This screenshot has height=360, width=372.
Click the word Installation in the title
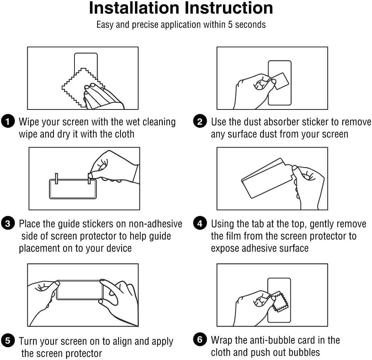[x=134, y=8]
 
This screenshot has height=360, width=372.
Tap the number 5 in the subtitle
[x=230, y=25]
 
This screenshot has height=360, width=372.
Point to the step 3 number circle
[x=8, y=224]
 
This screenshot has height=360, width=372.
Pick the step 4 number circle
[x=200, y=224]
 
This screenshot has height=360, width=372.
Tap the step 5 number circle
[x=8, y=341]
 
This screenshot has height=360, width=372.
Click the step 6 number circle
[x=200, y=339]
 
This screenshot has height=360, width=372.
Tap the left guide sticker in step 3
[x=57, y=178]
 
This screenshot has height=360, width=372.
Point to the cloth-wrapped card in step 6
[x=280, y=302]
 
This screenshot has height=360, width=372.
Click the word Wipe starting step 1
[x=29, y=122]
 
